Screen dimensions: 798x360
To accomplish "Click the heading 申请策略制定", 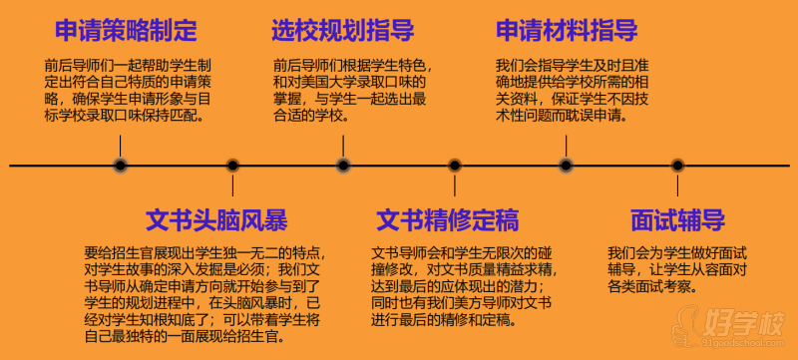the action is (x=126, y=30).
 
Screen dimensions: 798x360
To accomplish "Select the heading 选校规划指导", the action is (x=343, y=30).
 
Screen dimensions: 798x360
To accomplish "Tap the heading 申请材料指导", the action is (x=567, y=30).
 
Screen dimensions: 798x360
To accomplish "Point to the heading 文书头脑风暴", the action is (x=216, y=220).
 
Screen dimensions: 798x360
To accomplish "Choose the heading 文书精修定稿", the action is (x=448, y=220).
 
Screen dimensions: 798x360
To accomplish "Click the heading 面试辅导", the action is (x=677, y=220).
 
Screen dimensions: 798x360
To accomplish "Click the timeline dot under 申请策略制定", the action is (x=120, y=166).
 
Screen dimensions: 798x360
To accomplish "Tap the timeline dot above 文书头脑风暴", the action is (x=232, y=166).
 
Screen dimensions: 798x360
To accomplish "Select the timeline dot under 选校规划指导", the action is (x=343, y=166).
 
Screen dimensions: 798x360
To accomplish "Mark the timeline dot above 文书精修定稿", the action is (x=455, y=166).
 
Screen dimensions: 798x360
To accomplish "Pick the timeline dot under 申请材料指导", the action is (x=566, y=166).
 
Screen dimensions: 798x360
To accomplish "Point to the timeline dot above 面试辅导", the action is (x=677, y=166).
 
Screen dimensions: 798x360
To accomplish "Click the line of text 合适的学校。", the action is (x=311, y=116).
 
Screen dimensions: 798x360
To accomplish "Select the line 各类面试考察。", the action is (x=651, y=286).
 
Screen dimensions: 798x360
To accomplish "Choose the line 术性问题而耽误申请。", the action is (x=561, y=116).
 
